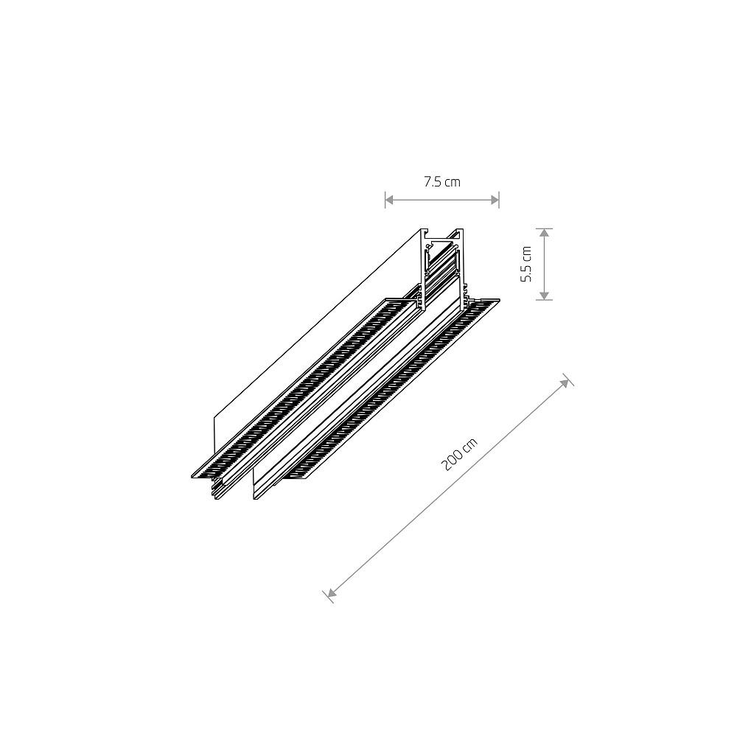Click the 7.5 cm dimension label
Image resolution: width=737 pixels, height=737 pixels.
coord(441,182)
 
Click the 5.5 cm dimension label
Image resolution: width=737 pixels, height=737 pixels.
coord(526,264)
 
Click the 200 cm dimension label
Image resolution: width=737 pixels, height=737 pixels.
coord(459,454)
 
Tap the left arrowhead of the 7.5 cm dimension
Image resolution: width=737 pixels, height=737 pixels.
coord(389,200)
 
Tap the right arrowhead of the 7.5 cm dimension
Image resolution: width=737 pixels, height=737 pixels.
coord(495,200)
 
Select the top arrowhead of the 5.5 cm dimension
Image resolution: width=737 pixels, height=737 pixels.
coord(544,233)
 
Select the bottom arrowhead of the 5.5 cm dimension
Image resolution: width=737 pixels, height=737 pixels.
coord(544,296)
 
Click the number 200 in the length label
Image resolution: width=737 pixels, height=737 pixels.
coord(452,461)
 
